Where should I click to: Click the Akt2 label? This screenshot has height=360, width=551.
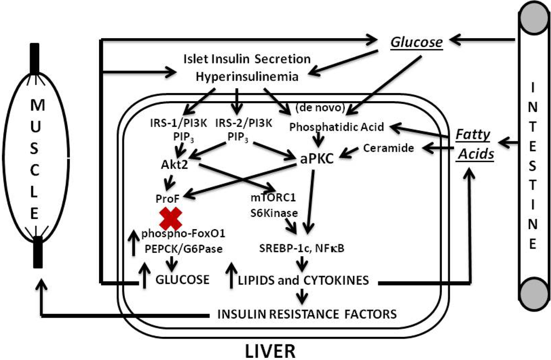(174, 165)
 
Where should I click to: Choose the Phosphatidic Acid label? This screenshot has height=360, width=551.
(336, 127)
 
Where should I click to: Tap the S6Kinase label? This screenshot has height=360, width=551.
(274, 213)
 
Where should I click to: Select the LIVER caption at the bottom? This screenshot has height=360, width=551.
(271, 351)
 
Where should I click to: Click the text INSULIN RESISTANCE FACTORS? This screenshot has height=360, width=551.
(307, 314)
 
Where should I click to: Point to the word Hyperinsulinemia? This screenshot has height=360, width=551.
(247, 76)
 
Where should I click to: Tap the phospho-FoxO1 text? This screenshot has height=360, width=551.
(183, 234)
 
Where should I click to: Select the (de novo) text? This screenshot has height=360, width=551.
(320, 108)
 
